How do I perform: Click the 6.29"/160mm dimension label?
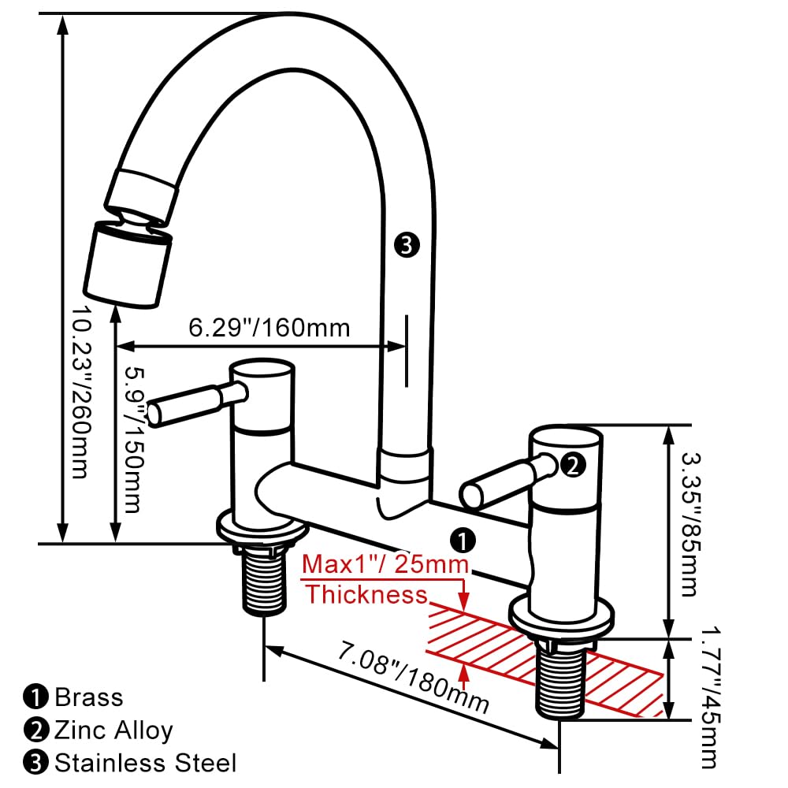pyautogui.click(x=269, y=327)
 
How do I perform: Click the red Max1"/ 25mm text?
pyautogui.click(x=386, y=565)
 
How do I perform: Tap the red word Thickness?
pyautogui.click(x=366, y=594)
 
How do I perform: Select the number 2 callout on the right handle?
pyautogui.click(x=573, y=465)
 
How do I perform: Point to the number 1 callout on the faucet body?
pyautogui.click(x=463, y=540)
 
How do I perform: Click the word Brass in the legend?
pyautogui.click(x=89, y=697)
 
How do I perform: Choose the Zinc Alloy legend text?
pyautogui.click(x=113, y=730)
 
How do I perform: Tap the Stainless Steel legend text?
pyautogui.click(x=145, y=763)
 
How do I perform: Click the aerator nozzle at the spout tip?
pyautogui.click(x=128, y=265)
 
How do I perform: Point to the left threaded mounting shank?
pyautogui.click(x=262, y=584)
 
